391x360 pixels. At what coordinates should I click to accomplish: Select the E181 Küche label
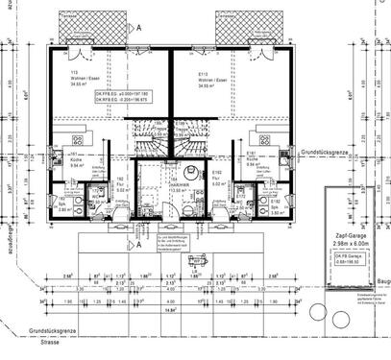[x=251, y=157]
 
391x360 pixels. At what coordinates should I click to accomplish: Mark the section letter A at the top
[x=140, y=29]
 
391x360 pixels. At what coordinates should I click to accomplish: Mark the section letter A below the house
[x=141, y=246]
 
